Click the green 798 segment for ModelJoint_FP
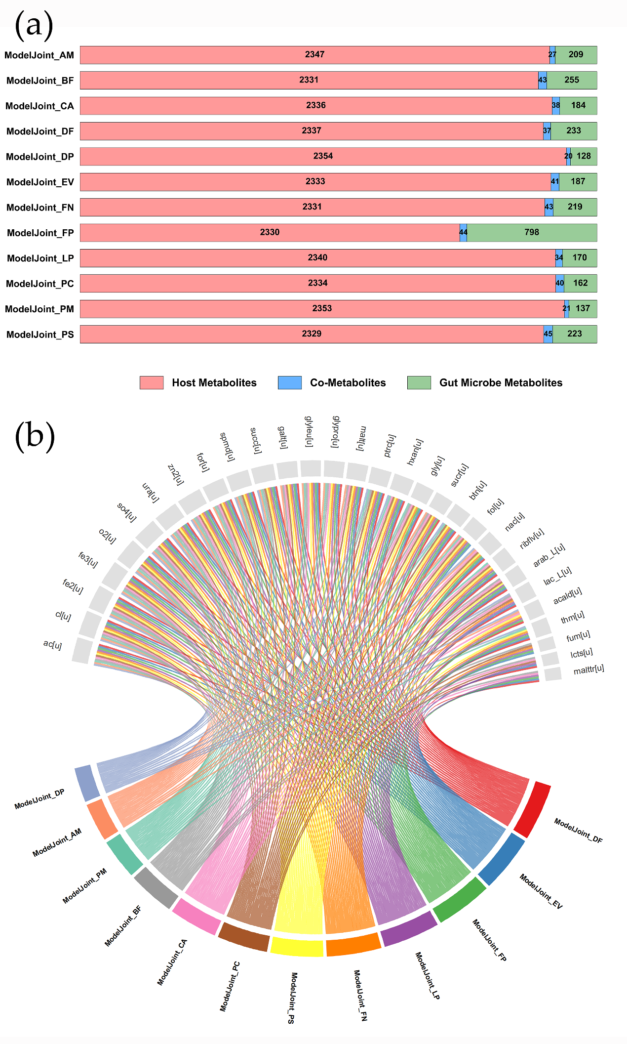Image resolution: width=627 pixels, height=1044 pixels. coord(532,232)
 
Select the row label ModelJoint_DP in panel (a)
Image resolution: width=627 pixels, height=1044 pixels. coord(40,157)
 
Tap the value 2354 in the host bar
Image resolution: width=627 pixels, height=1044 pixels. coord(323,156)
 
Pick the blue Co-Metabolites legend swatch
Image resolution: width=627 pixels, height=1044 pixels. coord(290,382)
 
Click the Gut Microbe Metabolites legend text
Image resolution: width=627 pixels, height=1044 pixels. coord(501,382)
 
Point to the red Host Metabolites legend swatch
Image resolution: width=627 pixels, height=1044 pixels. coord(152,382)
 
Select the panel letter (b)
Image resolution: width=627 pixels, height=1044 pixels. coord(35,436)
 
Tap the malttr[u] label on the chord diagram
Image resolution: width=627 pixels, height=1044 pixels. coord(588,669)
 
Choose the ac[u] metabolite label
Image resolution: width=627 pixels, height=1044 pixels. coord(52,644)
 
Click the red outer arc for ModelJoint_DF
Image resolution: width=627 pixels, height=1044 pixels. coord(532,809)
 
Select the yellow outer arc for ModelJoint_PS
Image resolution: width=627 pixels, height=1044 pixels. coord(297,947)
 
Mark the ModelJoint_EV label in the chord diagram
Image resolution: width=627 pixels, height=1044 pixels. coord(541,891)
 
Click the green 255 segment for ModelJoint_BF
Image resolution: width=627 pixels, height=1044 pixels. coord(572,80)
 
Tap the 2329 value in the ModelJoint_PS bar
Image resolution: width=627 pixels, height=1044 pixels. coord(312,334)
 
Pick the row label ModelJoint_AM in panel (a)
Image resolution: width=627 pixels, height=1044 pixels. coord(39,55)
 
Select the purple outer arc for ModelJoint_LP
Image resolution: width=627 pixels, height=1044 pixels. coord(409,928)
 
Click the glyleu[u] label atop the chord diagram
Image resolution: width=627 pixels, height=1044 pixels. coord(309,431)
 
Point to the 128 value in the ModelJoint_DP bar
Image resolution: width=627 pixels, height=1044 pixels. coord(584,156)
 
